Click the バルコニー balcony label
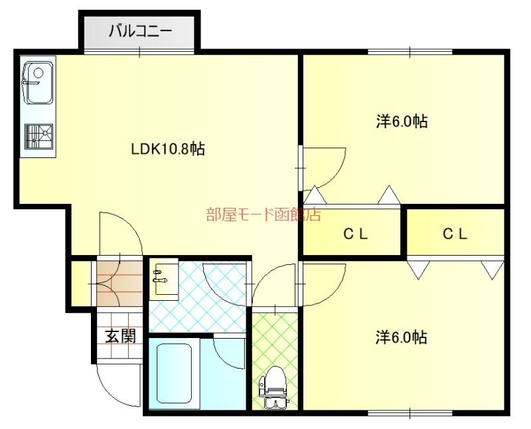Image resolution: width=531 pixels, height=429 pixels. coord(140,31)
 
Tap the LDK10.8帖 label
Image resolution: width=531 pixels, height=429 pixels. coord(168,148)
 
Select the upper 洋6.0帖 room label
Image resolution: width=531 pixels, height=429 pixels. coord(402,122)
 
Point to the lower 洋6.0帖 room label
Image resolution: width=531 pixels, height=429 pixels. coord(401,337)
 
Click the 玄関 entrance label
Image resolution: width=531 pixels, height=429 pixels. coord(121,336)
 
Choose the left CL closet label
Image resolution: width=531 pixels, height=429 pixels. coord(356,234)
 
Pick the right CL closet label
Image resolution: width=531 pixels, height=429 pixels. coord(455,234)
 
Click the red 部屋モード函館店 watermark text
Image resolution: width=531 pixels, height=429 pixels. coord(264,214)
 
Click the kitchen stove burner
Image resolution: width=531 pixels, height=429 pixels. coord(38,137)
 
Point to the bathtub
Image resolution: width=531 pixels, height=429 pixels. coord(175,373)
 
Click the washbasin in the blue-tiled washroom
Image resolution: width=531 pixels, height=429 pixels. coord(163,279)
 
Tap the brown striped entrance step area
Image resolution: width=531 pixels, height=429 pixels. coord(119,284)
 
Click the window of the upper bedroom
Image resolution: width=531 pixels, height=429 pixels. coord(410,52)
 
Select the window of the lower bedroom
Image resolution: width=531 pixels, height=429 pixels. coord(410,413)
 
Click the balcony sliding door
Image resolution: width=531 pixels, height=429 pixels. coord(139,52)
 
